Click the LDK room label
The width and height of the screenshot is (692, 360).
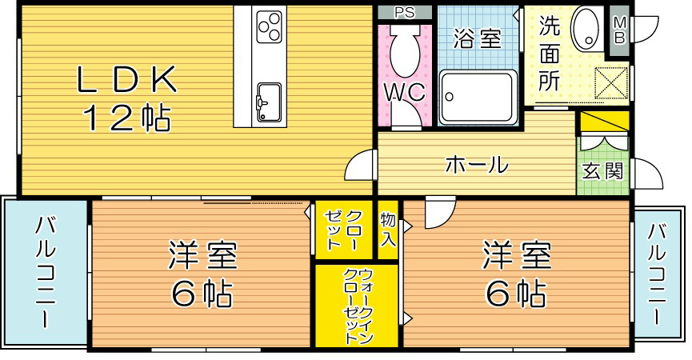[x=126, y=80]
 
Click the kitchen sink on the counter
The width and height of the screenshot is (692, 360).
[x=265, y=102]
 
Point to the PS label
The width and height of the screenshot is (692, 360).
[x=405, y=12]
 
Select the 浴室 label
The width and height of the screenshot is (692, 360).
[x=477, y=38]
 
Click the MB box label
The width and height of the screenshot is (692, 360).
[x=619, y=32]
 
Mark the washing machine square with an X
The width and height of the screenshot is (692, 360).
[x=610, y=82]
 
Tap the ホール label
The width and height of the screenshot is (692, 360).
[x=477, y=166]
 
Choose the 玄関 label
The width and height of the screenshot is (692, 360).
[x=603, y=170]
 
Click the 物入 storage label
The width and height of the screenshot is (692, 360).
[x=387, y=229]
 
